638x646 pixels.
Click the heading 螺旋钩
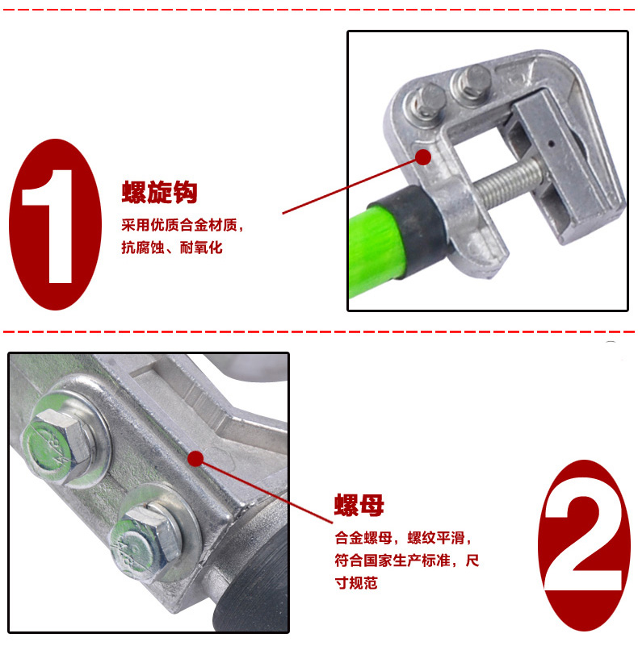159,192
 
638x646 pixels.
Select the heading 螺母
359,505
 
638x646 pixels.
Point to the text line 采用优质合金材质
183,225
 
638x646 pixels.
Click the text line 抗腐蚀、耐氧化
172,248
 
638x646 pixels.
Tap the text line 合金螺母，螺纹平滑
402,538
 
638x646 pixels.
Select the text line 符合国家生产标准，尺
407,561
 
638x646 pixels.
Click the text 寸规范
356,583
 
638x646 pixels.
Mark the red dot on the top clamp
423,156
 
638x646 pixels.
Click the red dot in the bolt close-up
195,459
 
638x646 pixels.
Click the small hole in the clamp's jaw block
551,144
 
